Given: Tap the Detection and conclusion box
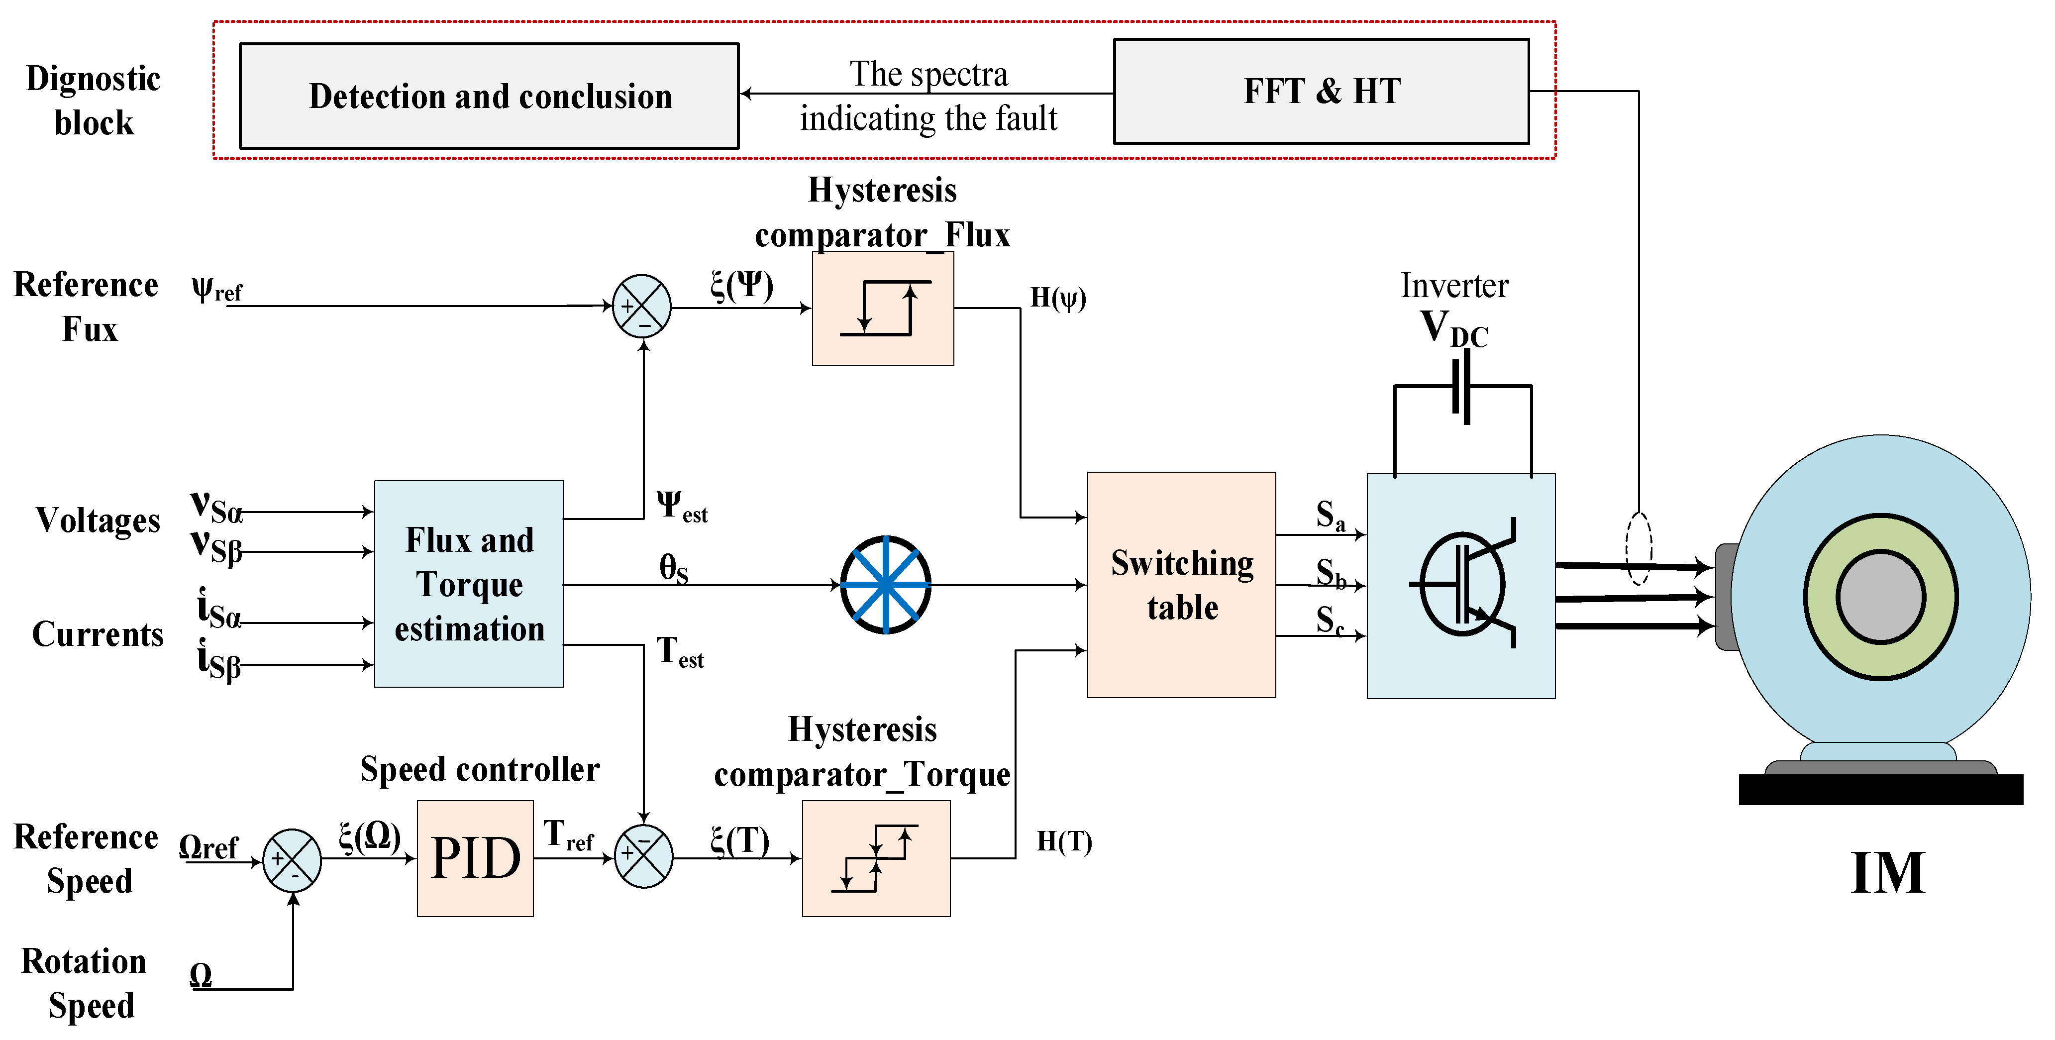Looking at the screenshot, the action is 489,96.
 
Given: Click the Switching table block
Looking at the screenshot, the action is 1181,585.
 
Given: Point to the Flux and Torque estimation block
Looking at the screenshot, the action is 469,584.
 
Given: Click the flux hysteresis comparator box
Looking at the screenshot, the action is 883,308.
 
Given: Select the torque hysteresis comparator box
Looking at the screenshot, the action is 876,858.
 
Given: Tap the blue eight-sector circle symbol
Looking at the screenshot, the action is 886,585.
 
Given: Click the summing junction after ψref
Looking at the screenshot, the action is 641,306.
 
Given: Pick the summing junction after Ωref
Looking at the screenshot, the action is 292,860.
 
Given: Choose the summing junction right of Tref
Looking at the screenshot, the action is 643,856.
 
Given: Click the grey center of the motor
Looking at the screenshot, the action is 1880,597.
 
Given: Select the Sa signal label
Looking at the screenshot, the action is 1330,515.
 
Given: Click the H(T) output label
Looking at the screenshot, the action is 1064,841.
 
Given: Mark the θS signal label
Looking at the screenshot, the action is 673,568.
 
